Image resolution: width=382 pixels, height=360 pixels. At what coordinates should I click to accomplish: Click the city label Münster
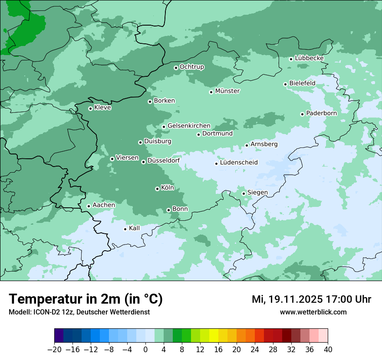click(x=227, y=91)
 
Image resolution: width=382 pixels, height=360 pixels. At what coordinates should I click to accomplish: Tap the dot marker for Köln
click(x=157, y=189)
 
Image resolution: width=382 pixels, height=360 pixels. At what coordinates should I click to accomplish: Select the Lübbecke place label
click(x=309, y=58)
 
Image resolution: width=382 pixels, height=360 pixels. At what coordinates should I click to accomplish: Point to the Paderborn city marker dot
click(x=302, y=114)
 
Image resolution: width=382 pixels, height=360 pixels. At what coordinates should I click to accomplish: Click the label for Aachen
click(x=104, y=205)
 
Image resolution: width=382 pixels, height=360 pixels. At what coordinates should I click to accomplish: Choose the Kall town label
click(x=134, y=228)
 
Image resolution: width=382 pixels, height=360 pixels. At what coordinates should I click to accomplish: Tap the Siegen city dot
click(x=244, y=193)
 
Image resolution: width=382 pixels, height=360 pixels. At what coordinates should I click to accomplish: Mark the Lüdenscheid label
click(x=239, y=163)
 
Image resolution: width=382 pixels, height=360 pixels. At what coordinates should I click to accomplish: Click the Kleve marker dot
click(x=90, y=108)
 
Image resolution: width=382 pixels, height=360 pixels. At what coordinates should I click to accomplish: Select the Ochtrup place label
click(x=191, y=67)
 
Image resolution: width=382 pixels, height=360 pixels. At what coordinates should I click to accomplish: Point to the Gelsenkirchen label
click(x=189, y=126)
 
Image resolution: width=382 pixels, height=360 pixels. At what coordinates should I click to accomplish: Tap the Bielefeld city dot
click(x=285, y=84)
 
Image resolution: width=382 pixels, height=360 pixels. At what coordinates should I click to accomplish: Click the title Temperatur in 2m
click(x=86, y=299)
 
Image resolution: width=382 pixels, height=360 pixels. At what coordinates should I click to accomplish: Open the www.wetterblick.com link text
click(x=313, y=312)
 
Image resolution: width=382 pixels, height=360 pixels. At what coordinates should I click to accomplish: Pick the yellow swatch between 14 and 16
click(x=214, y=336)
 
